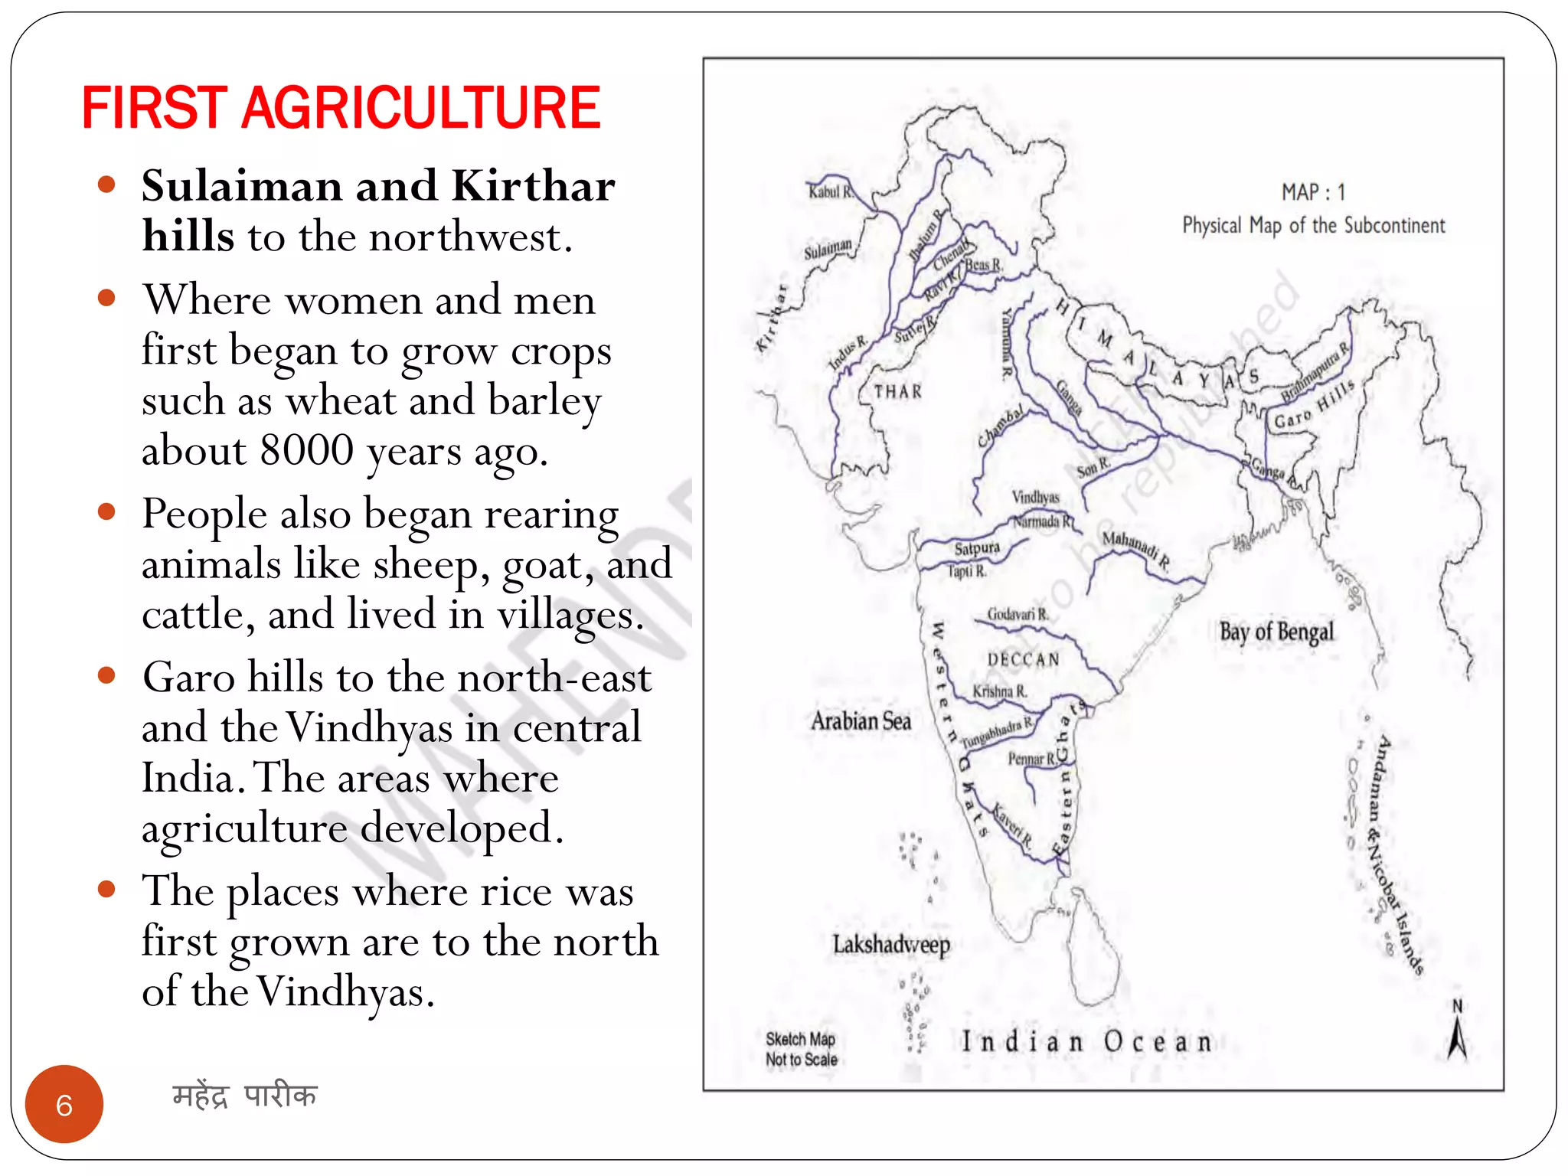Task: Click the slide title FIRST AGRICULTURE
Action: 341,109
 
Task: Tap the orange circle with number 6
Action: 64,1105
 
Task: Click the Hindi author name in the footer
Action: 244,1096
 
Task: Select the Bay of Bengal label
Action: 1276,632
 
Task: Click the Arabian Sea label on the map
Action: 861,721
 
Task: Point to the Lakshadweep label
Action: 891,945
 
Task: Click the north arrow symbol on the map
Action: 1457,1034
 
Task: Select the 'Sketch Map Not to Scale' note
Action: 801,1049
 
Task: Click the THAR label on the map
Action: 898,392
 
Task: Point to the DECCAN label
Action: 1024,659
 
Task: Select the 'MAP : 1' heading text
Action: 1313,192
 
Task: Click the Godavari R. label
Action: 1017,614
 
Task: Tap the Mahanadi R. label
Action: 1135,549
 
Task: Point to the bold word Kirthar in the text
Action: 533,186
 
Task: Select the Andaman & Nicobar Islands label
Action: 1398,854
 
